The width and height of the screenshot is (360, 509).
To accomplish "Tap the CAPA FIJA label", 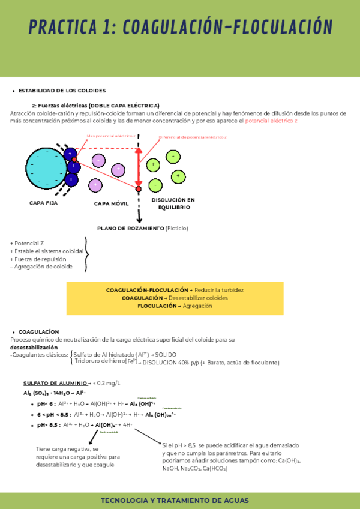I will [x=43, y=203].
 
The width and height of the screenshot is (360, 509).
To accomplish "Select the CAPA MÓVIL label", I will [x=112, y=204].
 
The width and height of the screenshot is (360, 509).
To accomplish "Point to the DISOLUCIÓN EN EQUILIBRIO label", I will [x=173, y=203].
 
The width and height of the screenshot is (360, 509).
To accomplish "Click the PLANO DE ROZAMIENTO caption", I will [x=131, y=228].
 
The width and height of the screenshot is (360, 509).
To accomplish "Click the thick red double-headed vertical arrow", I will [x=138, y=168].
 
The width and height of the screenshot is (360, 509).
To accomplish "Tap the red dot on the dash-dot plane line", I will [x=139, y=189].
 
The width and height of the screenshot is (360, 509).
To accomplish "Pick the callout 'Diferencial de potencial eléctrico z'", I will [x=193, y=137].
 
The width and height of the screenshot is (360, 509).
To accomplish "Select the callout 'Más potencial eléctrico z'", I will [x=111, y=136].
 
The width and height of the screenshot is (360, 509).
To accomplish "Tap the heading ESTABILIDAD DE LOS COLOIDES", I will [x=62, y=91].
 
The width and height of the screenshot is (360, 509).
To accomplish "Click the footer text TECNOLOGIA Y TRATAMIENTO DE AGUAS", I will [x=175, y=501].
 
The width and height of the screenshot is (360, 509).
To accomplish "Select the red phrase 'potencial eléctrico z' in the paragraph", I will [x=271, y=121].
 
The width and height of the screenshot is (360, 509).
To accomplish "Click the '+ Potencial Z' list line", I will [x=27, y=243].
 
